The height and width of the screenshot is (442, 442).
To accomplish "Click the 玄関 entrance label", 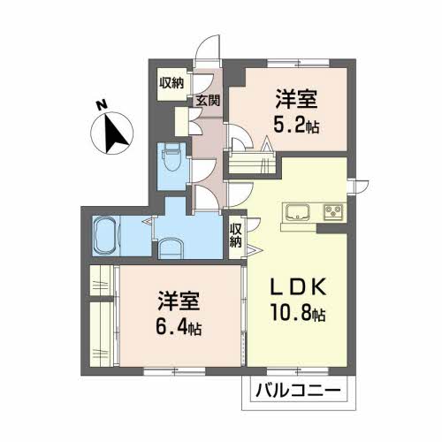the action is pyautogui.click(x=208, y=101).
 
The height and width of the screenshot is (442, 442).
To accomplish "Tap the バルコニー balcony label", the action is pyautogui.click(x=298, y=391).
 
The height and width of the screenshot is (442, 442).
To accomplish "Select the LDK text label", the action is pyautogui.click(x=299, y=286).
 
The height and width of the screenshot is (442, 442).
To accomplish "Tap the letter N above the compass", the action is pyautogui.click(x=102, y=105).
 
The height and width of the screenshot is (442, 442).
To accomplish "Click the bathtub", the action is pyautogui.click(x=105, y=236).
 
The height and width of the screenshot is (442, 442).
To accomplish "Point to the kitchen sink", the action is pyautogui.click(x=298, y=212).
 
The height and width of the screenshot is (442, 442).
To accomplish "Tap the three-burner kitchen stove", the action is pyautogui.click(x=333, y=212).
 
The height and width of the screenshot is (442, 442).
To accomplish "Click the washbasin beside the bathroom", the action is pyautogui.click(x=171, y=248).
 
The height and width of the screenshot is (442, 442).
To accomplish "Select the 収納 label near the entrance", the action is pyautogui.click(x=171, y=83).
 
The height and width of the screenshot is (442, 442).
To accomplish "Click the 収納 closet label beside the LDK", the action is pyautogui.click(x=236, y=235).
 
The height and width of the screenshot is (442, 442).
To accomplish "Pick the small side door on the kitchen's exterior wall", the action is pyautogui.click(x=358, y=187).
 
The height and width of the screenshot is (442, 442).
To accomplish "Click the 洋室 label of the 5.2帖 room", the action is pyautogui.click(x=296, y=99).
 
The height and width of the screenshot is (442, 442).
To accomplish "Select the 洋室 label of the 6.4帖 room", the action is pyautogui.click(x=179, y=301).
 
